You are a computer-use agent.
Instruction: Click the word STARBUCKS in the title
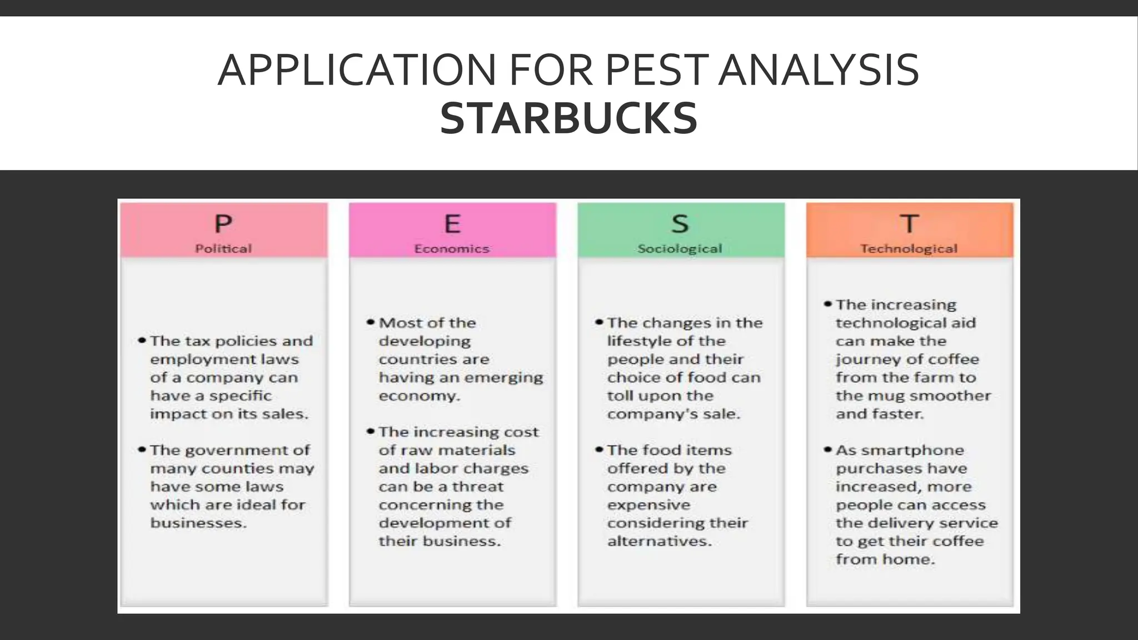click(x=568, y=119)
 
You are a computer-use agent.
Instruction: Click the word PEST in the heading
click(x=657, y=71)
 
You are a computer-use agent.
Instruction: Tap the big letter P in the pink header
click(x=223, y=224)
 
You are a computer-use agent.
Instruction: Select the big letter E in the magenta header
click(x=452, y=224)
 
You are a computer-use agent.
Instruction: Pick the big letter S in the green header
click(x=680, y=224)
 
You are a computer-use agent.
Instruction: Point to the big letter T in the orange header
click(x=909, y=224)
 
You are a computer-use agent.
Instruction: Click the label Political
click(x=223, y=249)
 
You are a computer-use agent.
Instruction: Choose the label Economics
click(x=452, y=249)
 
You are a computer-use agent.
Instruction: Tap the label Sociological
click(x=680, y=249)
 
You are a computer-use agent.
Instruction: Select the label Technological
click(x=909, y=249)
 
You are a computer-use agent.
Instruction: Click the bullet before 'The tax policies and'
click(x=142, y=341)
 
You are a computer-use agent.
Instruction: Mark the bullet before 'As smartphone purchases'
click(x=828, y=449)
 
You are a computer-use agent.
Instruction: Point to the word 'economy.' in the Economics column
click(x=420, y=396)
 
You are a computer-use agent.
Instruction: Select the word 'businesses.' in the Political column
click(x=198, y=523)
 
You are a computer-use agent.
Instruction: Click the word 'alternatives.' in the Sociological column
click(x=660, y=542)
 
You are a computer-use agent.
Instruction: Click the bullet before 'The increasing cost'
click(x=371, y=432)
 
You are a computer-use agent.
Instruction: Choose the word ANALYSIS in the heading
click(x=819, y=71)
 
